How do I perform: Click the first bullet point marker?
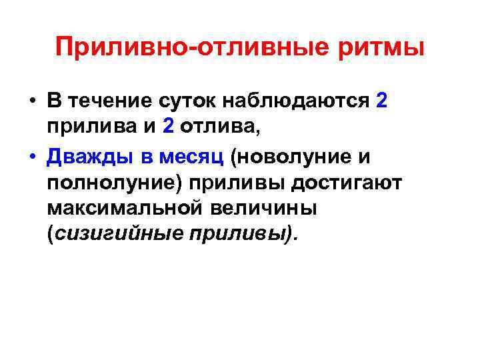coord(31,102)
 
